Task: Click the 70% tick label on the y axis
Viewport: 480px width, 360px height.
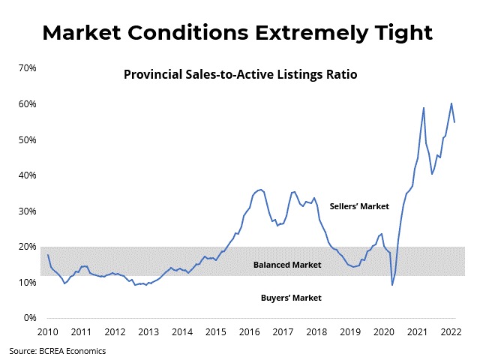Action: (28, 68)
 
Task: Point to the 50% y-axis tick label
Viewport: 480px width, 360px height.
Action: (28, 140)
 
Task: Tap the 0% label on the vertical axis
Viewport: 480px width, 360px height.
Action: (30, 318)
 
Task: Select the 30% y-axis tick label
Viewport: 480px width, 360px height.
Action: (28, 211)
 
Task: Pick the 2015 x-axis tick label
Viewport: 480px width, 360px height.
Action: (216, 331)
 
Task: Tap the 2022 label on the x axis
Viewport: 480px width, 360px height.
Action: (451, 331)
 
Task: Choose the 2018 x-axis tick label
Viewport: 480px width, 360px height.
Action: (316, 331)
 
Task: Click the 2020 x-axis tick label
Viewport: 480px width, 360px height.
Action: (384, 331)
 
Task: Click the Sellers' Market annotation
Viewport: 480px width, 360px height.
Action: (358, 206)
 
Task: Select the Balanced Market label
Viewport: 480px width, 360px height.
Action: (287, 265)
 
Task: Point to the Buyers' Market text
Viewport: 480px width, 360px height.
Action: (291, 298)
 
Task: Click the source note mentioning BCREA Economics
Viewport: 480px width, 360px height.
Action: (58, 350)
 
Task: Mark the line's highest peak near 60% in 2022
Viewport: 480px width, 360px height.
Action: (451, 103)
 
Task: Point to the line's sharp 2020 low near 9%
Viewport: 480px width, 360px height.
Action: (392, 284)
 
